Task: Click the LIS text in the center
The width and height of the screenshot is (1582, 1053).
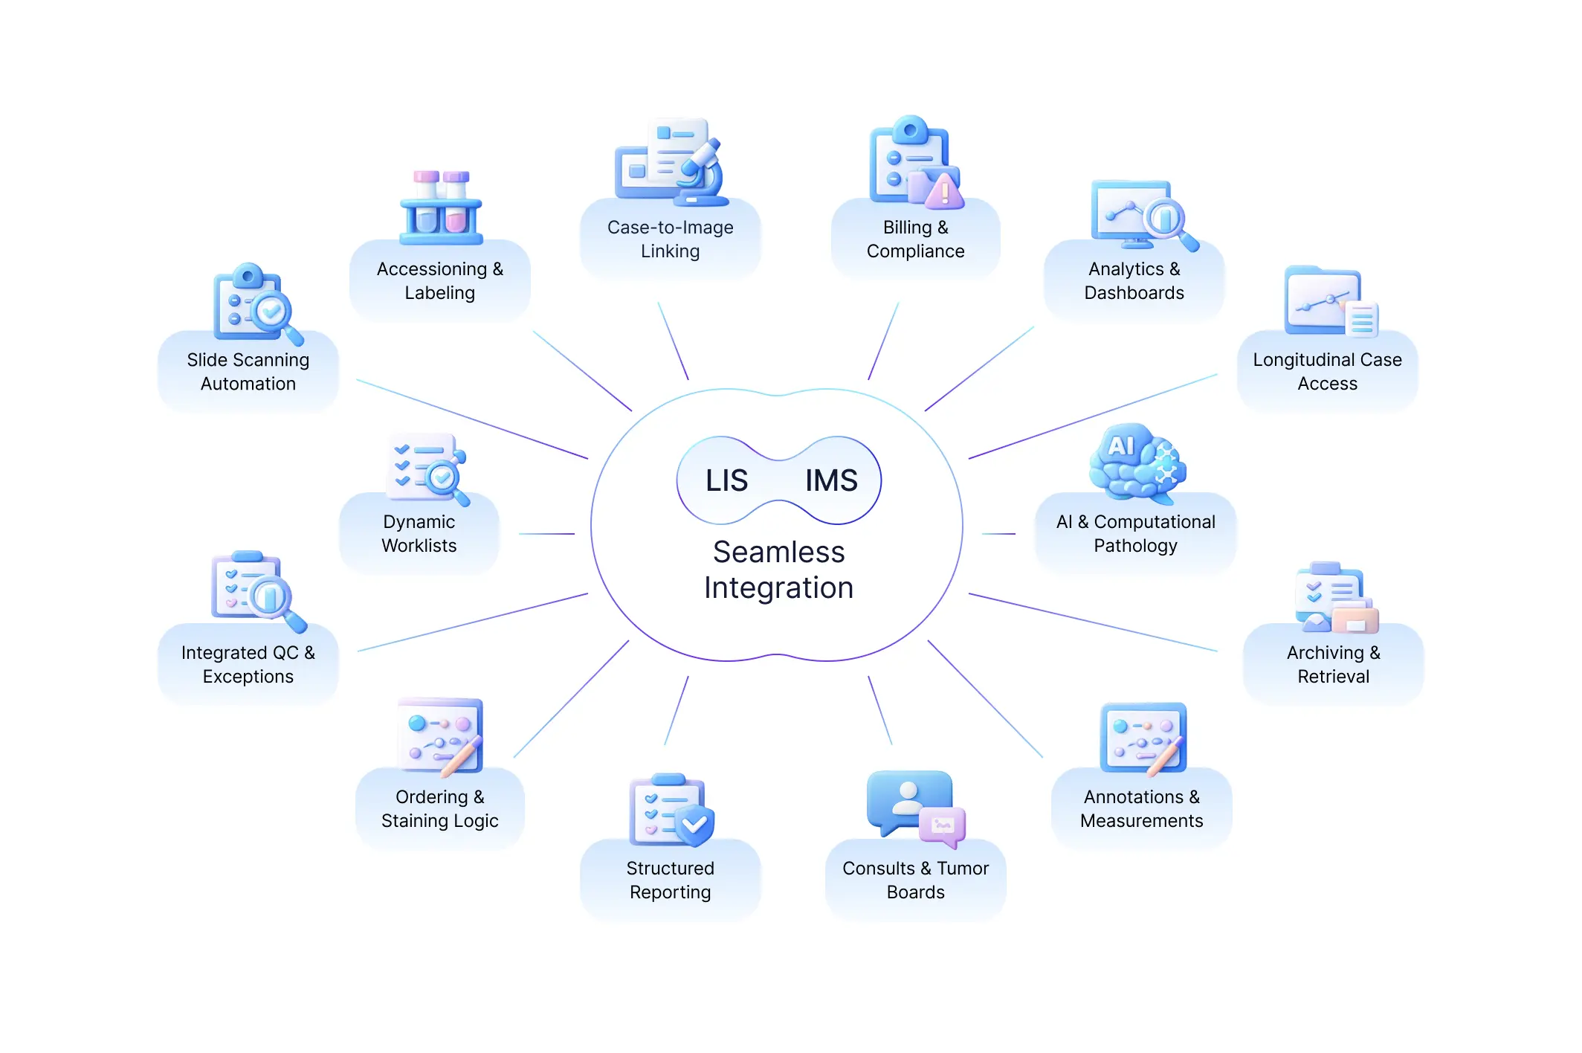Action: tap(726, 480)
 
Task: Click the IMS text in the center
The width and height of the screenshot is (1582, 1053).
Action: tap(831, 480)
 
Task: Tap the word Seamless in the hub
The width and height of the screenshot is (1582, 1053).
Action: tap(778, 552)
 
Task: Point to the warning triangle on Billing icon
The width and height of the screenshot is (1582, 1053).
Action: tap(944, 191)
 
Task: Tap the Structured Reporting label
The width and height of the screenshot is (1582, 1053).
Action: tap(670, 880)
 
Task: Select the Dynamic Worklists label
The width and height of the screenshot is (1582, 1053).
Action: tap(419, 533)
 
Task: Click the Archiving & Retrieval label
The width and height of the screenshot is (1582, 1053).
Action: tap(1333, 664)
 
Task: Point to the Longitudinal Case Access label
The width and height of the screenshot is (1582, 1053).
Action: tap(1327, 371)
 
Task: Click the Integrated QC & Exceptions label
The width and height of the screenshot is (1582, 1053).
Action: tap(248, 664)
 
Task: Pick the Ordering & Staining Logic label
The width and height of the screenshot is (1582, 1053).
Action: tap(439, 808)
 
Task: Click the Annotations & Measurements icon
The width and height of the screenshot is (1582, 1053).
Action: tap(1143, 738)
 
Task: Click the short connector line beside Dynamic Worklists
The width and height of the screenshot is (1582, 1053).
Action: tap(546, 534)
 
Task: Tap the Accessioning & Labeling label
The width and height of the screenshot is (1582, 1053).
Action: tap(439, 280)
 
